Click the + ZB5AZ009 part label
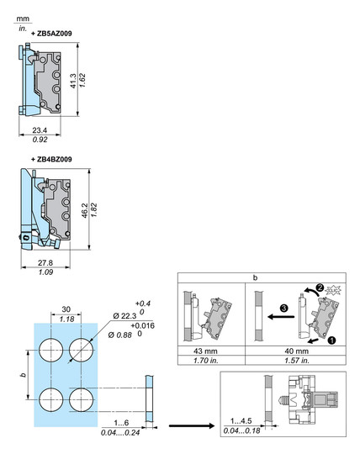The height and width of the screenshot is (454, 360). tap(51, 34)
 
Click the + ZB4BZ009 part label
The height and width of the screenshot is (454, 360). tap(51, 159)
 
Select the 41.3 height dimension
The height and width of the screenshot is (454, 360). tap(73, 81)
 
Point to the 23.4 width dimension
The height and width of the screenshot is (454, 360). tap(40, 130)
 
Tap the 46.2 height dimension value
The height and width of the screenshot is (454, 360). tap(85, 210)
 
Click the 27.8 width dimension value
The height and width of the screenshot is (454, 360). tap(45, 262)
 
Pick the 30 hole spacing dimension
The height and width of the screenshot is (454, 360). tap(66, 309)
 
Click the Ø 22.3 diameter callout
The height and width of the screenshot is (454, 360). tap(124, 316)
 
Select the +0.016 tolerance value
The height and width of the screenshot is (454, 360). tap(142, 325)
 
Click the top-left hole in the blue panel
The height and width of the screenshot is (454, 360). tap(51, 350)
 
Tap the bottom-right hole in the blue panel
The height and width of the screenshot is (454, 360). tap(82, 400)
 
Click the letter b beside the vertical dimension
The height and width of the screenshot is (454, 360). tap(24, 375)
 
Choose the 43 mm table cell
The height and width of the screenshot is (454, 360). tap(205, 351)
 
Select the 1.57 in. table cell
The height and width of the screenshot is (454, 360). tap(297, 361)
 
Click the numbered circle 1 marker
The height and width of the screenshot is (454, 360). tap(331, 340)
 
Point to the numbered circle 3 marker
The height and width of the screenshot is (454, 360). tap(283, 308)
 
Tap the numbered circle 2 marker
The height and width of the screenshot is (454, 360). tap(320, 288)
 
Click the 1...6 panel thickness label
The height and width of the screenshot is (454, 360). tap(121, 423)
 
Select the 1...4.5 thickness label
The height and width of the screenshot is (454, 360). tap(241, 420)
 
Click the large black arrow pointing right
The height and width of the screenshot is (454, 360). tap(192, 425)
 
